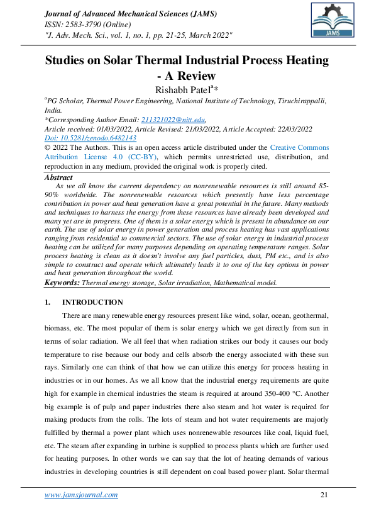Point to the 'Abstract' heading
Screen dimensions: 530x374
(x=60, y=178)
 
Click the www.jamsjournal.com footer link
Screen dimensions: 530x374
(x=81, y=495)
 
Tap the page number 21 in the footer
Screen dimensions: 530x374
(x=324, y=495)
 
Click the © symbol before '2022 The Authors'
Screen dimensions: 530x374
(x=48, y=147)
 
